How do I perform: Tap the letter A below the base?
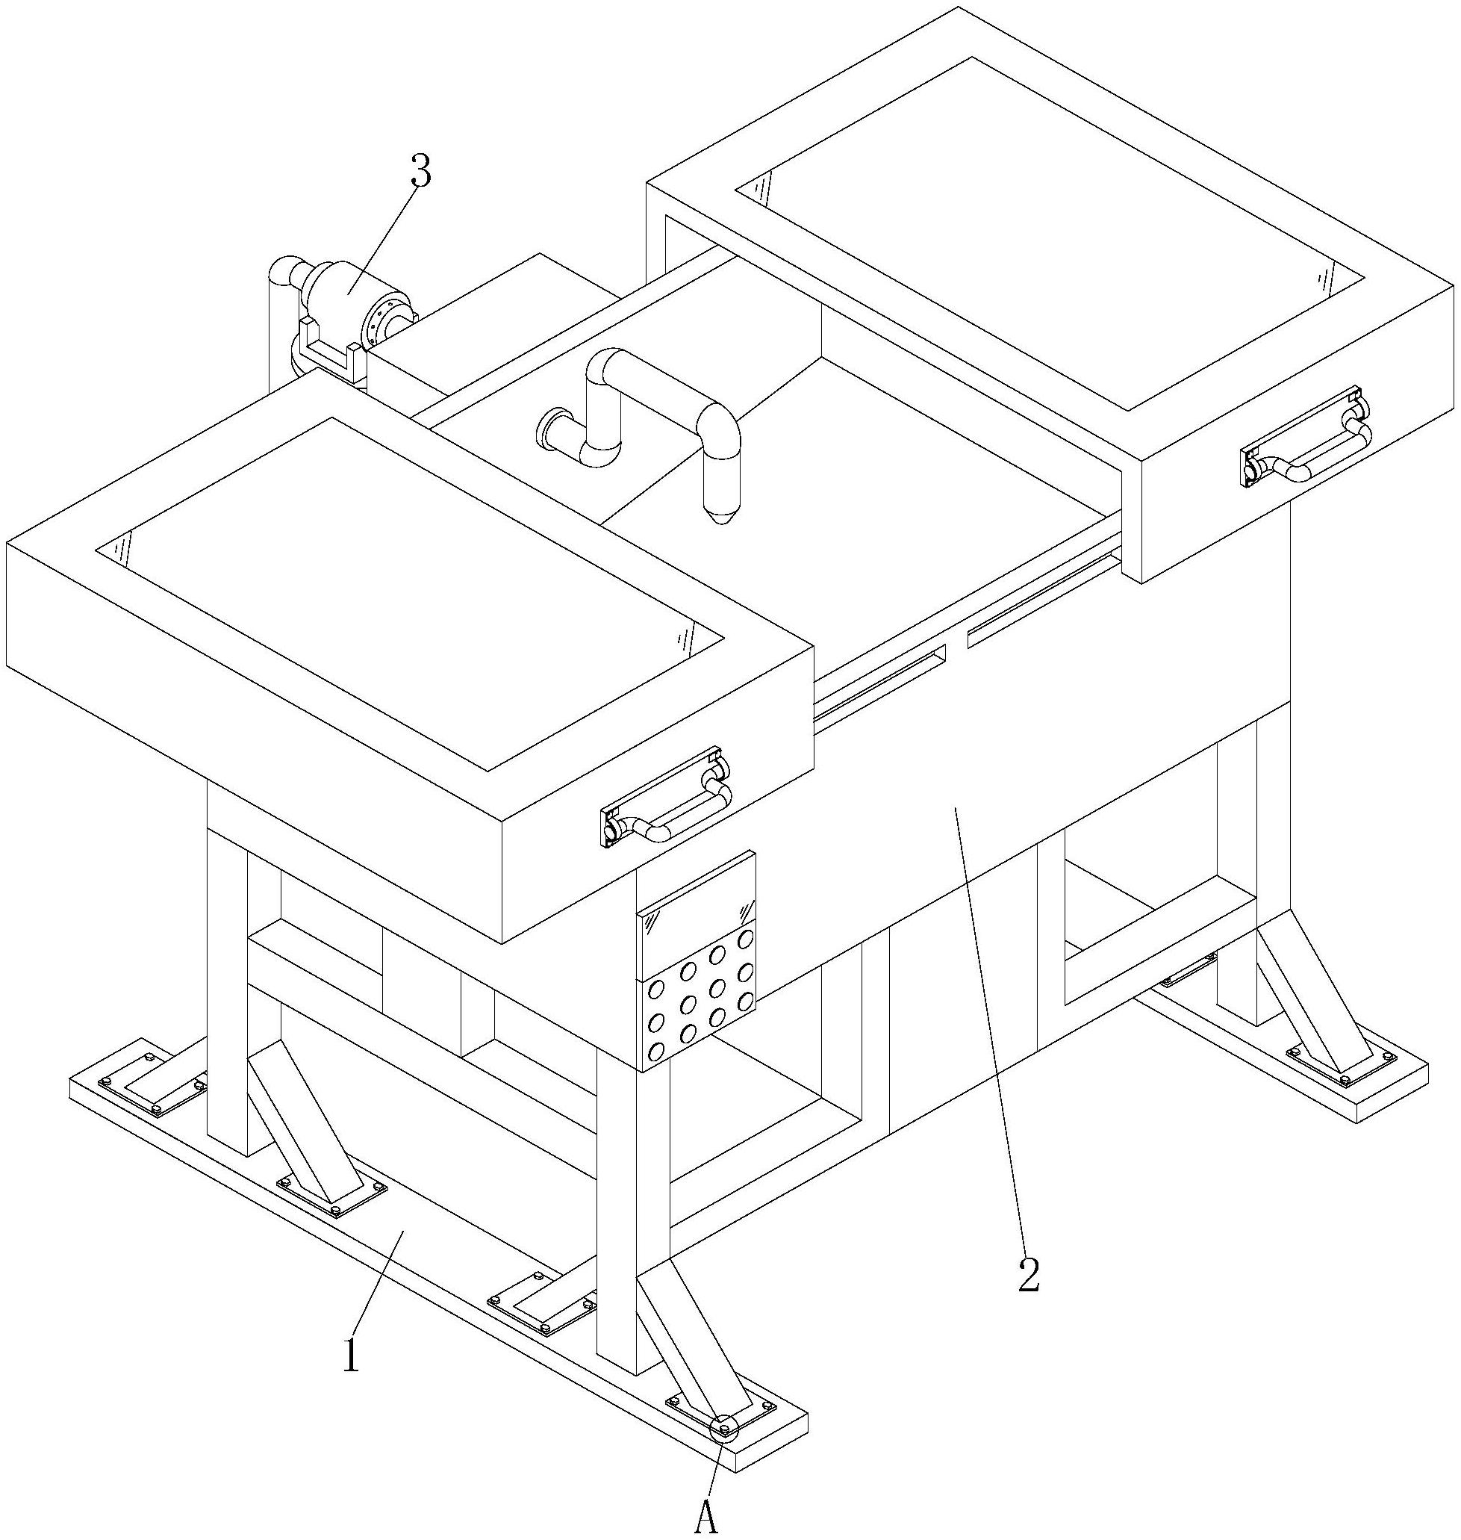pos(705,1517)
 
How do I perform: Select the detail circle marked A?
pos(724,1427)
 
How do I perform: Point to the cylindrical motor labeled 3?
pos(355,304)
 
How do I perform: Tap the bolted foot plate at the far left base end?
pos(152,1085)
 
